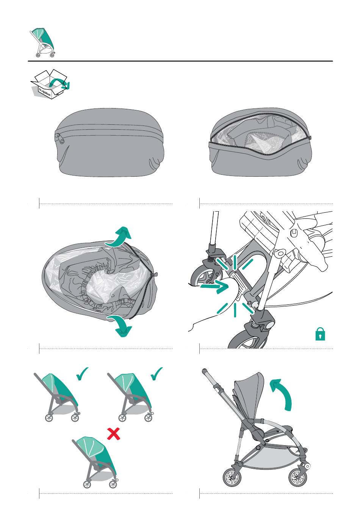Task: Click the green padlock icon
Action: pyautogui.click(x=320, y=334)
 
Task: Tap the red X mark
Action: pyautogui.click(x=113, y=434)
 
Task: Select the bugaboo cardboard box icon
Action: pyautogui.click(x=50, y=83)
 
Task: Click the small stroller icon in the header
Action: pyautogui.click(x=43, y=42)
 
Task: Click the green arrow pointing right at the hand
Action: pyautogui.click(x=214, y=286)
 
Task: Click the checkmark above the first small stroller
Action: pyautogui.click(x=82, y=374)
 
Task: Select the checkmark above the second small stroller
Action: pyautogui.click(x=157, y=374)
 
